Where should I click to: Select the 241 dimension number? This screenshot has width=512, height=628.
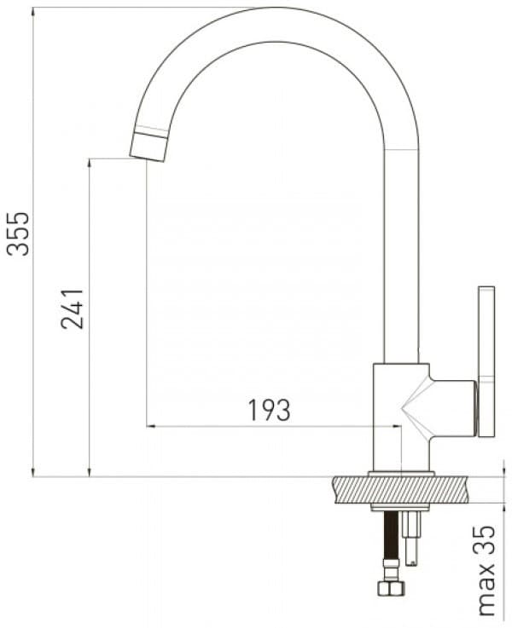72,308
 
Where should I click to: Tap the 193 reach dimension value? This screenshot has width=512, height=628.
270,410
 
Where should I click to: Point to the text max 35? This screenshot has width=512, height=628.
486,570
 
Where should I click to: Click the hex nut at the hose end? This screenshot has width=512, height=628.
393,589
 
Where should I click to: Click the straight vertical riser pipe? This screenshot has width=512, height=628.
401,256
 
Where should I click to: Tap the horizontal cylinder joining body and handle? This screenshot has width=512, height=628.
452,407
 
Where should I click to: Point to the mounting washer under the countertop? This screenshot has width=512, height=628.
401,508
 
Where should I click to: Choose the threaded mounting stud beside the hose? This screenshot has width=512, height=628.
414,537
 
